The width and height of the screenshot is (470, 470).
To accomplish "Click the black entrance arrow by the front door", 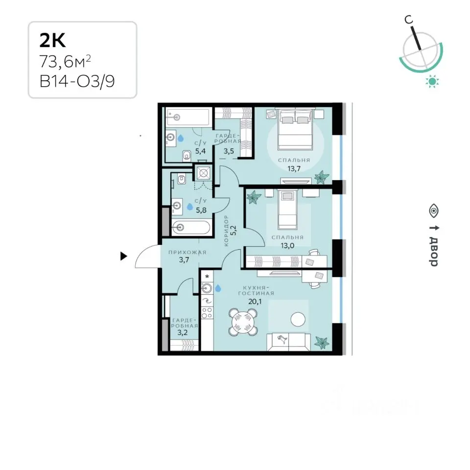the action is pyautogui.click(x=123, y=256).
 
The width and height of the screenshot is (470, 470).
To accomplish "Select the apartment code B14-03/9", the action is pyautogui.click(x=77, y=81).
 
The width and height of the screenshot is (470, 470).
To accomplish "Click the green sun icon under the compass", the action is pyautogui.click(x=432, y=81).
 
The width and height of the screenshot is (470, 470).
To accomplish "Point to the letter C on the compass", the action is pyautogui.click(x=408, y=20).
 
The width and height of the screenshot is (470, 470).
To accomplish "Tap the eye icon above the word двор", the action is pyautogui.click(x=434, y=211).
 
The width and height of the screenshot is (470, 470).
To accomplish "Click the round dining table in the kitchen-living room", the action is pyautogui.click(x=243, y=322).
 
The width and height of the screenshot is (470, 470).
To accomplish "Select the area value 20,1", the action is pyautogui.click(x=255, y=302).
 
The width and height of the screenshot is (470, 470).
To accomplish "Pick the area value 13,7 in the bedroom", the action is pyautogui.click(x=294, y=168).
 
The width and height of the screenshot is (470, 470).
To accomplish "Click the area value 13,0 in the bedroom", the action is pyautogui.click(x=287, y=246).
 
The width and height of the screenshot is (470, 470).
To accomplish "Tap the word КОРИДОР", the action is pyautogui.click(x=226, y=231).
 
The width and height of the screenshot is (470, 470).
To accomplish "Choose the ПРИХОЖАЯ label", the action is pyautogui.click(x=188, y=253).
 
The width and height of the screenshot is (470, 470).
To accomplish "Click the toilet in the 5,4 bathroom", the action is pyautogui.click(x=187, y=156).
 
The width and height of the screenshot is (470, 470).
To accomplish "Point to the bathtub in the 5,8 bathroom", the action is pyautogui.click(x=191, y=228).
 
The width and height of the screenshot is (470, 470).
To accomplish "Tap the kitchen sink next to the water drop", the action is pyautogui.click(x=207, y=288).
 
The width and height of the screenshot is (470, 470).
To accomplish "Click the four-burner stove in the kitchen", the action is pyautogui.click(x=207, y=313).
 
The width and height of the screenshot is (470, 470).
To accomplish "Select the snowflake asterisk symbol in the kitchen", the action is pyautogui.click(x=207, y=276).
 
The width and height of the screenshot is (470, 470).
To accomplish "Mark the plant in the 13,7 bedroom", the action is pyautogui.click(x=322, y=177).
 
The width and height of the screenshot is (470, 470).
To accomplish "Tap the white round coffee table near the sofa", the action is pyautogui.click(x=298, y=320).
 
